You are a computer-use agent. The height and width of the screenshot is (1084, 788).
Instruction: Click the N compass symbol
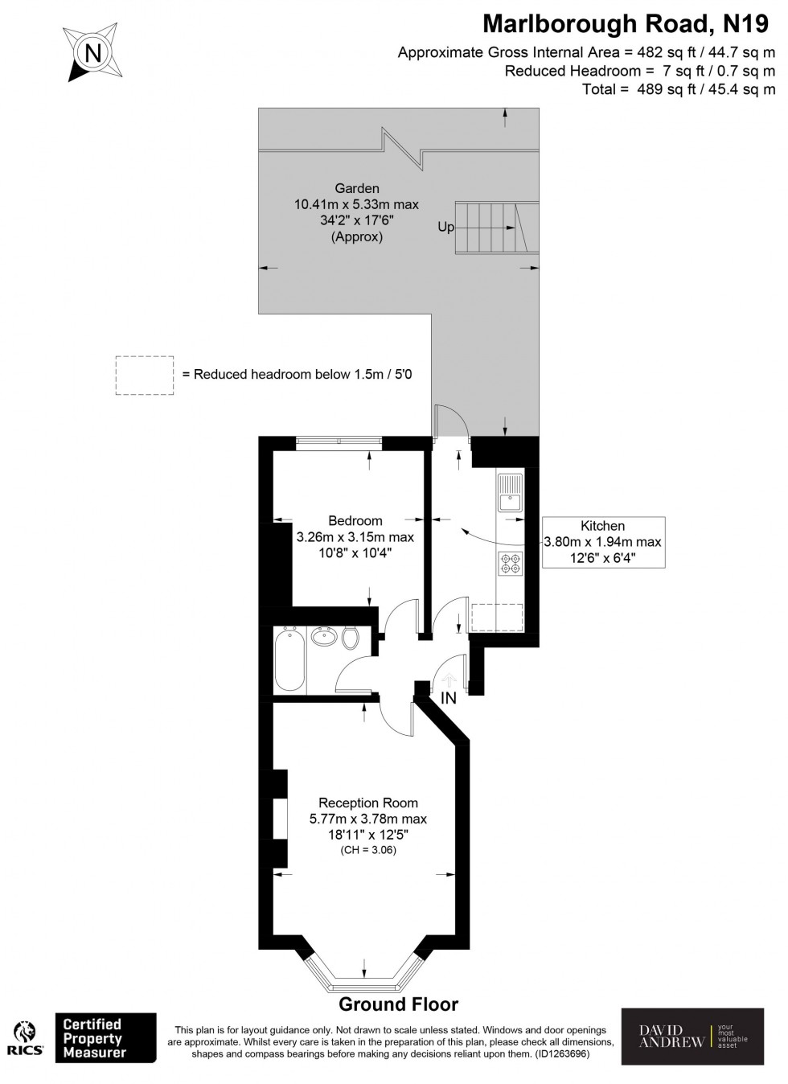tap(93, 53)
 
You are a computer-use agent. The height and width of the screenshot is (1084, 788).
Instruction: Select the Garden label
tap(356, 189)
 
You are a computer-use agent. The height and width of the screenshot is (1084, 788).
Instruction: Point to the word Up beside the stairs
tap(445, 228)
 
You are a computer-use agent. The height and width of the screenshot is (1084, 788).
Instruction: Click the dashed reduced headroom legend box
tap(144, 375)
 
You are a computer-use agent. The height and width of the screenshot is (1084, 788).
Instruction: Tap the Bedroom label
tap(355, 520)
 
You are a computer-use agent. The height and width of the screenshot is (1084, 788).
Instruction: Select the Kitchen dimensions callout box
tap(603, 541)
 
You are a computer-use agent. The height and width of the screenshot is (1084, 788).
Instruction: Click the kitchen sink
tap(510, 492)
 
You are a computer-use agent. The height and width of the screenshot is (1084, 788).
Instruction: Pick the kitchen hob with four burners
tap(510, 565)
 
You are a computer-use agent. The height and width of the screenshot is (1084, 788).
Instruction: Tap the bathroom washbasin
tap(324, 637)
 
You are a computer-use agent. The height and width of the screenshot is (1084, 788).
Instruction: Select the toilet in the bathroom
tap(350, 638)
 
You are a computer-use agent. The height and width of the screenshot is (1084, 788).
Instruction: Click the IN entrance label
tap(449, 699)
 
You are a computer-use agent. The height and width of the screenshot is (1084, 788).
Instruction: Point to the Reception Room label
tap(368, 803)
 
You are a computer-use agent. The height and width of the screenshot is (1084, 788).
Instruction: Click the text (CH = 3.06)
tap(368, 850)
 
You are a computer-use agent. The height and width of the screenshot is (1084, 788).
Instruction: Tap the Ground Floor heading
tap(398, 1004)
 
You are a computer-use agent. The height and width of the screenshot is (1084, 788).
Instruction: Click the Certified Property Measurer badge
tap(105, 1037)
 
